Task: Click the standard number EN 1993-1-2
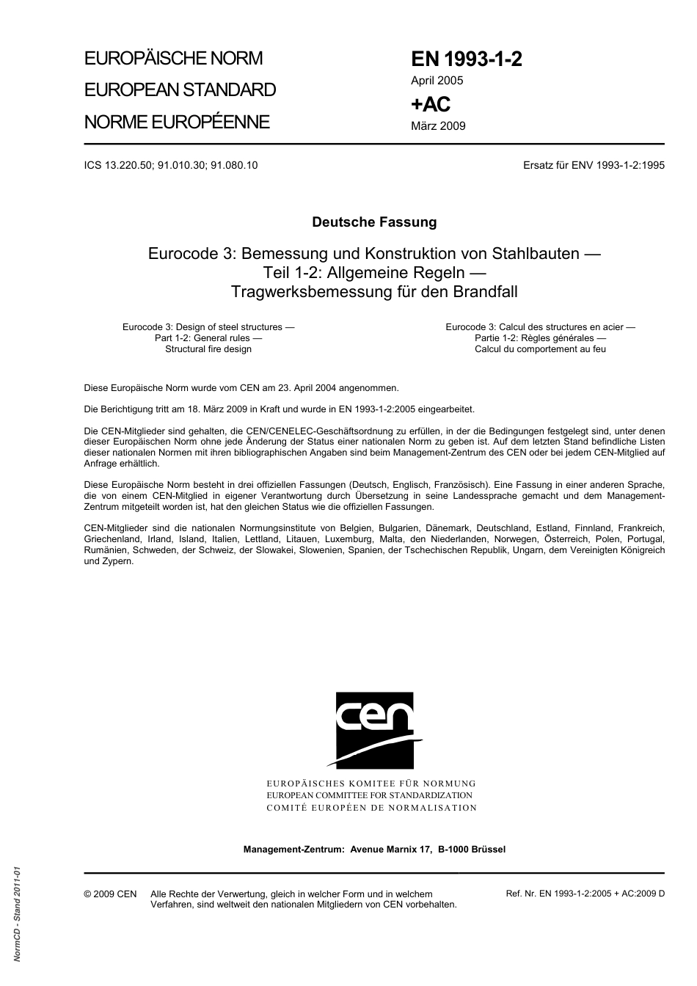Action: tap(466, 59)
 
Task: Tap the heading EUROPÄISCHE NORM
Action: tap(173, 58)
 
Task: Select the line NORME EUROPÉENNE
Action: tap(177, 122)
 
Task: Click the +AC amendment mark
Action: tap(430, 104)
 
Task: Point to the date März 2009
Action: tap(438, 125)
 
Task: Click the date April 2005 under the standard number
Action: tap(437, 81)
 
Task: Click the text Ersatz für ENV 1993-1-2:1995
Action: tap(594, 165)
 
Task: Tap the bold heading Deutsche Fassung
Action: tap(374, 222)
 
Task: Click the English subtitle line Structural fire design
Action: tap(208, 349)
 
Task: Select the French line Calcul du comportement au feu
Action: tap(540, 349)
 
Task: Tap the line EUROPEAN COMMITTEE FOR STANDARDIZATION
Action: tap(370, 795)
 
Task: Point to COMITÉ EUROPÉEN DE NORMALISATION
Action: tap(371, 808)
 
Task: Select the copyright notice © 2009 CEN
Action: tap(110, 894)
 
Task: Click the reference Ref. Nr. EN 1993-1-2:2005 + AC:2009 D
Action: tap(585, 894)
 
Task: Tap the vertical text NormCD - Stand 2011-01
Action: tap(17, 913)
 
